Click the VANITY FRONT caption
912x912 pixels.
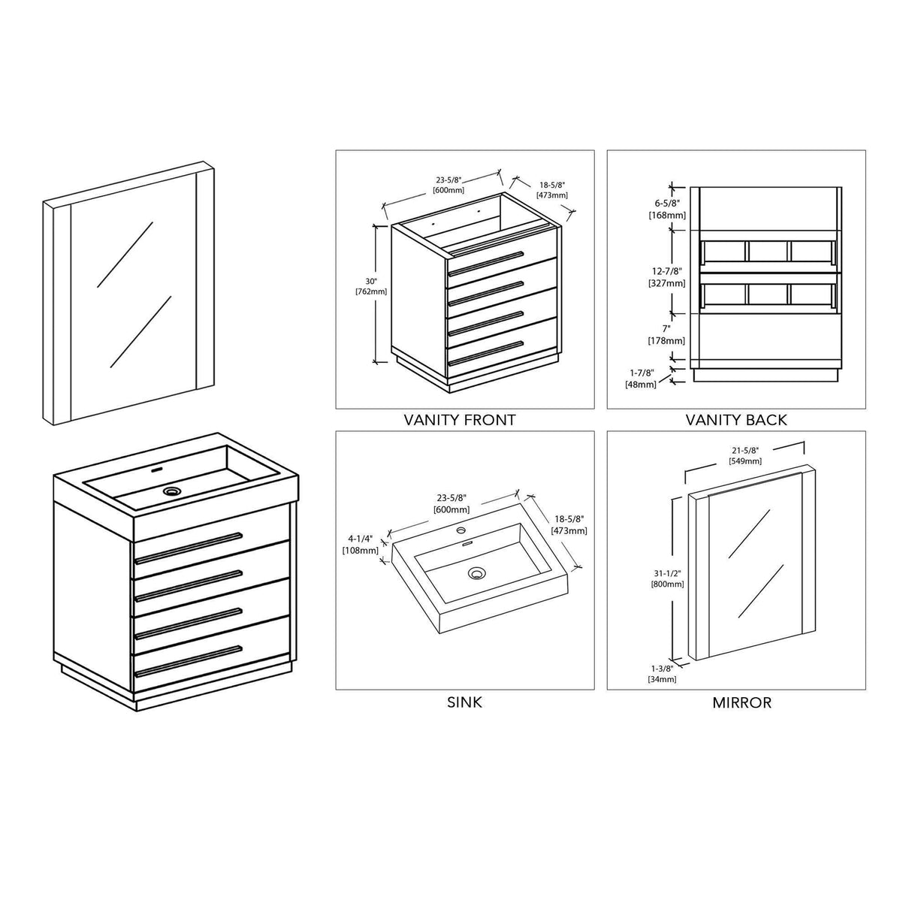point(459,420)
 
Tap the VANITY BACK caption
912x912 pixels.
point(736,420)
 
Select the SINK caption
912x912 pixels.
point(464,702)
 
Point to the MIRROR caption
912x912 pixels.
point(741,702)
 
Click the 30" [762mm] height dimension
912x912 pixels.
point(370,286)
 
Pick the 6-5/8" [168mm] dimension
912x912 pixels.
point(667,209)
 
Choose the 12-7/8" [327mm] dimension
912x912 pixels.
point(666,277)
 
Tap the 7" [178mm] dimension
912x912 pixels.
point(666,334)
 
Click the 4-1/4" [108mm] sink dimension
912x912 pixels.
point(360,544)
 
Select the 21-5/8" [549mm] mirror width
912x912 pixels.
point(745,456)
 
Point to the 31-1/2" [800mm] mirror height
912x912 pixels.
point(667,578)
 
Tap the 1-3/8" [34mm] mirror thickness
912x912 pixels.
point(662,674)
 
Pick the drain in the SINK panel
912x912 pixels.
point(477,574)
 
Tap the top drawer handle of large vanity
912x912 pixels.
point(189,548)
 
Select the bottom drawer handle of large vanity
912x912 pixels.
point(189,661)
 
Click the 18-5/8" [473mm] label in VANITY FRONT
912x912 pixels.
point(552,190)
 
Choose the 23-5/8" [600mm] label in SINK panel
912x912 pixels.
point(452,503)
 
